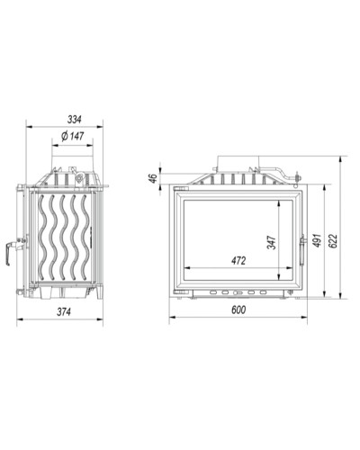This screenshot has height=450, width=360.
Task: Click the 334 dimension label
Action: [74, 120]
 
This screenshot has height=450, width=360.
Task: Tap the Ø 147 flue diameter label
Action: [72, 137]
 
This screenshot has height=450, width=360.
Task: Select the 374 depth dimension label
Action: [64, 312]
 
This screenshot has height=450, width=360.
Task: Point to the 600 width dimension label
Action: [238, 310]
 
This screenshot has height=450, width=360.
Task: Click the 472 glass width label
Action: [238, 261]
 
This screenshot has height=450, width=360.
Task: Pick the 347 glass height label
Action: [272, 242]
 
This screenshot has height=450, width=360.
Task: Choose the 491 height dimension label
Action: [317, 240]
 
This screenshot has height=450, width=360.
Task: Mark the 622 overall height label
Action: [333, 240]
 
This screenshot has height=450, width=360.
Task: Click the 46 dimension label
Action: [153, 178]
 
